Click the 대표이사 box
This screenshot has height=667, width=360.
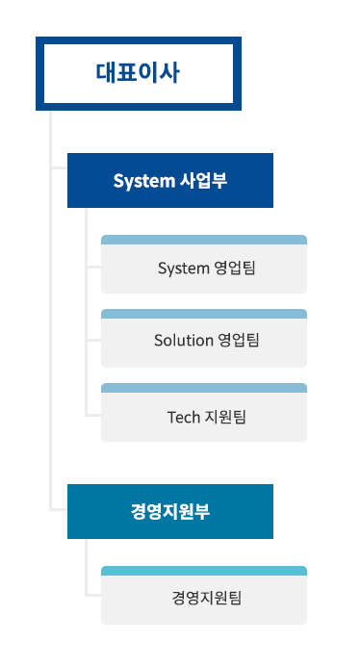pos(139,72)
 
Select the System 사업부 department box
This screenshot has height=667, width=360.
pos(170,181)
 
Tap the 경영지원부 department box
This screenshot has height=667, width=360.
pos(170,511)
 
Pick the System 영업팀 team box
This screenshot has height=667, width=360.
pos(204,268)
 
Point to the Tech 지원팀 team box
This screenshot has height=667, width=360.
pos(204,416)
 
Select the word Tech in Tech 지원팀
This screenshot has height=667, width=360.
pos(183,417)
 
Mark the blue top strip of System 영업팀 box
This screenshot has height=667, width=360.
pos(204,239)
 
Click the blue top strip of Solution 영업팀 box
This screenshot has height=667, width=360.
pos(204,313)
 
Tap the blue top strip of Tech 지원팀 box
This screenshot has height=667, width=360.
pos(204,387)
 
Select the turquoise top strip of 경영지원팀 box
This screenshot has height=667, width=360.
pos(204,570)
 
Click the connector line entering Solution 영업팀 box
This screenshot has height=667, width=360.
pos(93,340)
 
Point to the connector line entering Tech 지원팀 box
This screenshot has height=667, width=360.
pos(93,414)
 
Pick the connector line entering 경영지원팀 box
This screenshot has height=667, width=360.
pos(93,596)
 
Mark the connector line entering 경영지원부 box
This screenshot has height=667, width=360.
pos(59,510)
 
